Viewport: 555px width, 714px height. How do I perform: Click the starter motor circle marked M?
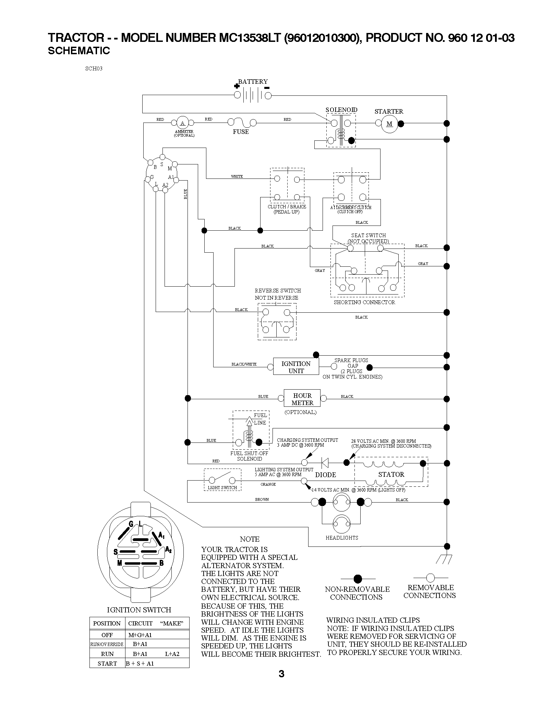click(x=389, y=124)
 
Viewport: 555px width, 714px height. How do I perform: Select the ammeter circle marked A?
click(x=182, y=123)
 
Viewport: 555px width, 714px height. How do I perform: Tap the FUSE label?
click(x=241, y=132)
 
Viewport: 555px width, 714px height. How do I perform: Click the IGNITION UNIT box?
click(x=296, y=367)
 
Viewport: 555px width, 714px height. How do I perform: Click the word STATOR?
click(x=391, y=474)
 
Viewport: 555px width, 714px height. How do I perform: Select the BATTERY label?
click(x=253, y=81)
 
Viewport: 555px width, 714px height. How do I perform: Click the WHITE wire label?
click(x=237, y=176)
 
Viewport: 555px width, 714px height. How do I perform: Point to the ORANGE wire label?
click(x=268, y=484)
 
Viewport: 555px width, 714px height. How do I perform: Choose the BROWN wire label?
click(x=262, y=499)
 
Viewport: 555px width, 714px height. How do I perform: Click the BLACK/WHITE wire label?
click(x=244, y=364)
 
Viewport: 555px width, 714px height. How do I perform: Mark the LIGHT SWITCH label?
click(x=222, y=487)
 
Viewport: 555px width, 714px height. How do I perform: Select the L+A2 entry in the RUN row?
click(x=172, y=654)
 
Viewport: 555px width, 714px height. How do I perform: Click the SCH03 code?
click(x=94, y=68)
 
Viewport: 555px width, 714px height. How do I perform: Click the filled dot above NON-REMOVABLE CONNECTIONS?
click(x=358, y=578)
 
